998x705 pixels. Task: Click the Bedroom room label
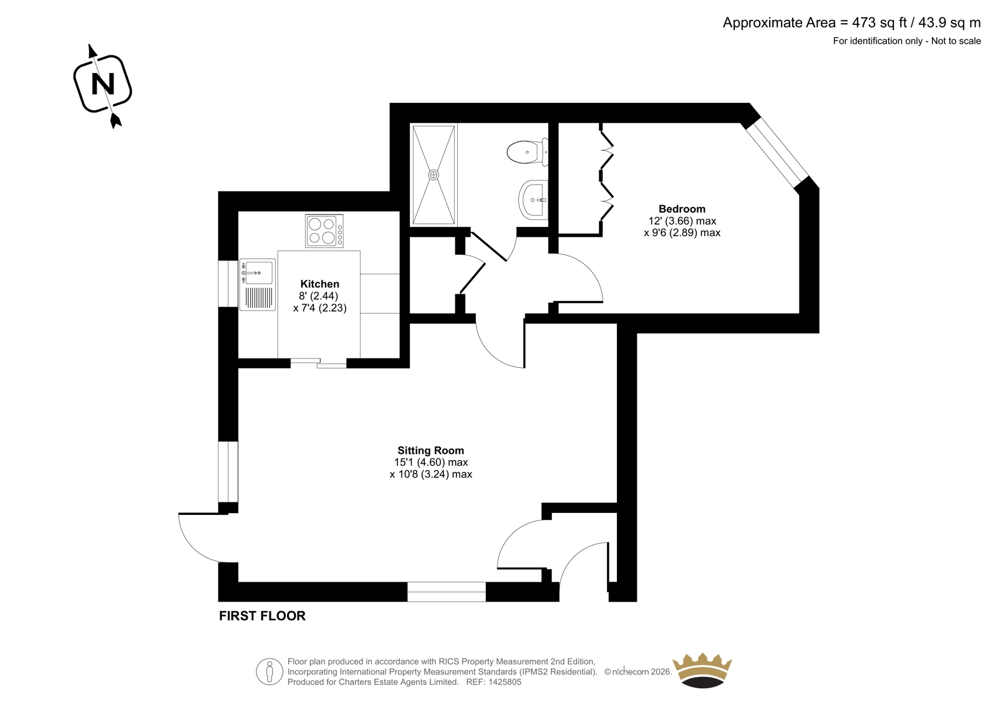pos(682,209)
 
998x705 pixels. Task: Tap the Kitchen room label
pos(319,284)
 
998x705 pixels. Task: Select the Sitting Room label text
pos(430,451)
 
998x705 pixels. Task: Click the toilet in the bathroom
pos(528,152)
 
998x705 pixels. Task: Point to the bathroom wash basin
pos(533,200)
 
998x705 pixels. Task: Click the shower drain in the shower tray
pos(434,175)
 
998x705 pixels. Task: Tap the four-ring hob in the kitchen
pos(324,231)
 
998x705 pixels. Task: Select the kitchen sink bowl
pos(259,272)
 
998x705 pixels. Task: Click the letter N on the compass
pos(103,84)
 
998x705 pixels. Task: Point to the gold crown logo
pos(702,670)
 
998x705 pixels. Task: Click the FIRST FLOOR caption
pos(262,616)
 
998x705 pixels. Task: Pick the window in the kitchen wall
pos(228,284)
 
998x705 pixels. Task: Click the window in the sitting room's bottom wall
pos(447,592)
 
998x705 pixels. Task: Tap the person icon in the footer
pos(269,671)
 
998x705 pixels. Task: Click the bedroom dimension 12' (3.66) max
pos(682,221)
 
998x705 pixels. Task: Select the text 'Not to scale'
pos(956,41)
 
